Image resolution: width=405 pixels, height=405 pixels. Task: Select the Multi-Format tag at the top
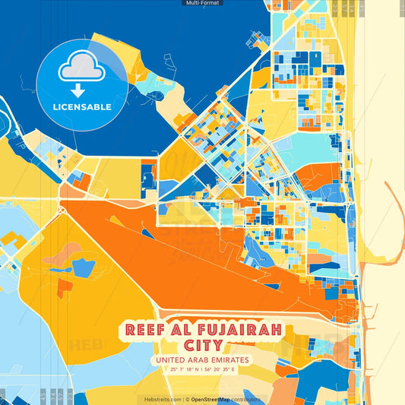[202, 3]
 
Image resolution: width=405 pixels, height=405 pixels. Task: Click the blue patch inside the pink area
[84, 267]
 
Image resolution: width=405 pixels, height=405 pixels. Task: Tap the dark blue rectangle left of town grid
[148, 174]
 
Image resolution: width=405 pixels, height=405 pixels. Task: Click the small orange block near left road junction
[80, 182]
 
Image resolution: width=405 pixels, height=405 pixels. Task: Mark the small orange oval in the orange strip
[116, 220]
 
